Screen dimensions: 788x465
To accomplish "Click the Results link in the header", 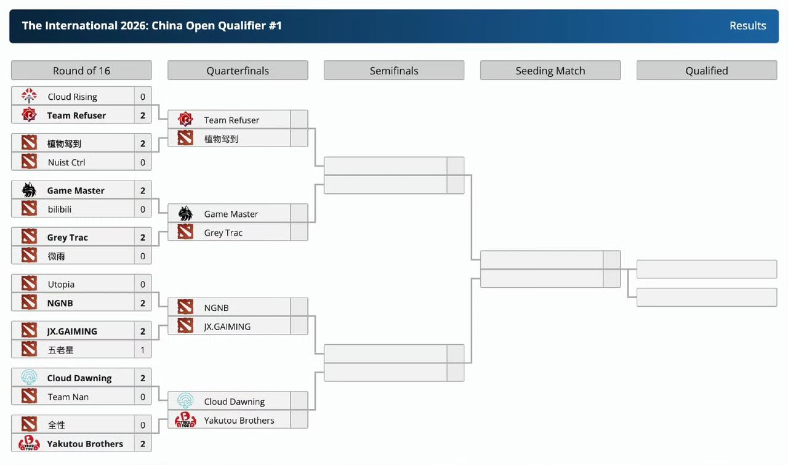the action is click(747, 26).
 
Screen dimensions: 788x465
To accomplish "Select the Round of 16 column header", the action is click(81, 70).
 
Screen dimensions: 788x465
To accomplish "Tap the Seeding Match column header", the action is click(550, 70).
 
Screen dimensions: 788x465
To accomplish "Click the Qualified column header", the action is click(707, 70).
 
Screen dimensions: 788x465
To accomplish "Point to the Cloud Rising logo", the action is click(29, 95).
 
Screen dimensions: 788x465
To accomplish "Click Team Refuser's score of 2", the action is click(142, 115).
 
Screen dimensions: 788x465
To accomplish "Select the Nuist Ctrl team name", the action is click(66, 162).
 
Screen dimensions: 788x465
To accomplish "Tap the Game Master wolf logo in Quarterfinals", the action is click(185, 213).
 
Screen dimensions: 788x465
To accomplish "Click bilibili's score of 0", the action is click(142, 209).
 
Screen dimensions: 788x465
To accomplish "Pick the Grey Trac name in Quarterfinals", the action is click(223, 233).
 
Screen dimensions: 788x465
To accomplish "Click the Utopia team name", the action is click(61, 285).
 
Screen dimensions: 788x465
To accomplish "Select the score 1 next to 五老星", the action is click(142, 350).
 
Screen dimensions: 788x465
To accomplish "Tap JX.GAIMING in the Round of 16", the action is click(72, 331).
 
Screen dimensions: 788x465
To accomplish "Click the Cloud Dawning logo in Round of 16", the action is click(29, 378).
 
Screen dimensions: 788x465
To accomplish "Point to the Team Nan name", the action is click(68, 397).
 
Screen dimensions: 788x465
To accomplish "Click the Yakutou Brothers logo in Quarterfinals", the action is click(185, 419).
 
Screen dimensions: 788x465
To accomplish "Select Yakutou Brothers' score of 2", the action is click(142, 444).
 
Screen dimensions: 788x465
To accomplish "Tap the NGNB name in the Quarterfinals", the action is click(216, 308).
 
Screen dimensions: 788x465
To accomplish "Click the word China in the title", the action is click(167, 26).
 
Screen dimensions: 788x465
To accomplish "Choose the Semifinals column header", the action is click(394, 70).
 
